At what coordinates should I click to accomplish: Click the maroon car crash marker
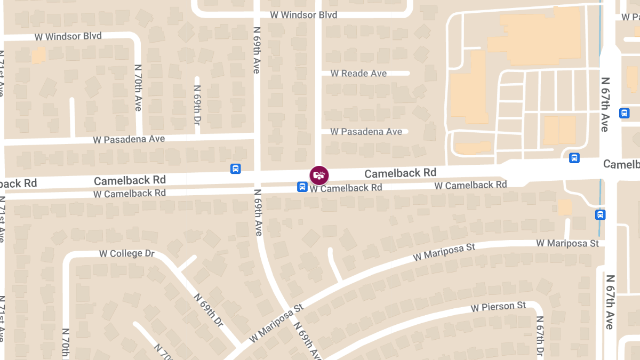319,175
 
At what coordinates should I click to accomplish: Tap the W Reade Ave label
358,73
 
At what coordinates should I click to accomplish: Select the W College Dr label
127,253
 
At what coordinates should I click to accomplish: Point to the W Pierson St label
499,307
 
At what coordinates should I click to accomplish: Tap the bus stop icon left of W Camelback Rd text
302,187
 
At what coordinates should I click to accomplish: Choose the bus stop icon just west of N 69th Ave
235,169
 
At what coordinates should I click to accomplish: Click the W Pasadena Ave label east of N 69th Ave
366,131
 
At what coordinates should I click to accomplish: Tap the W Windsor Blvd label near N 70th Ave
68,36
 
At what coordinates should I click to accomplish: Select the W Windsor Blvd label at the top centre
303,15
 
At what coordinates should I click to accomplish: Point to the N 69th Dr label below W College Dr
209,310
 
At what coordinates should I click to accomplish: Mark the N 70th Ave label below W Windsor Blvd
138,88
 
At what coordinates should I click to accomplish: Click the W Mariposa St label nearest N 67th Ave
567,243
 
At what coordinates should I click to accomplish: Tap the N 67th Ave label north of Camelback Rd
605,105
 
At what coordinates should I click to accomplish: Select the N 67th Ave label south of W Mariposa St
610,302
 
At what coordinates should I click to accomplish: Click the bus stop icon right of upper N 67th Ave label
624,113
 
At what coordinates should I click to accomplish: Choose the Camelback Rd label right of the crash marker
400,173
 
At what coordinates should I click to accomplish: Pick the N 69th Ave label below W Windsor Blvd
257,50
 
